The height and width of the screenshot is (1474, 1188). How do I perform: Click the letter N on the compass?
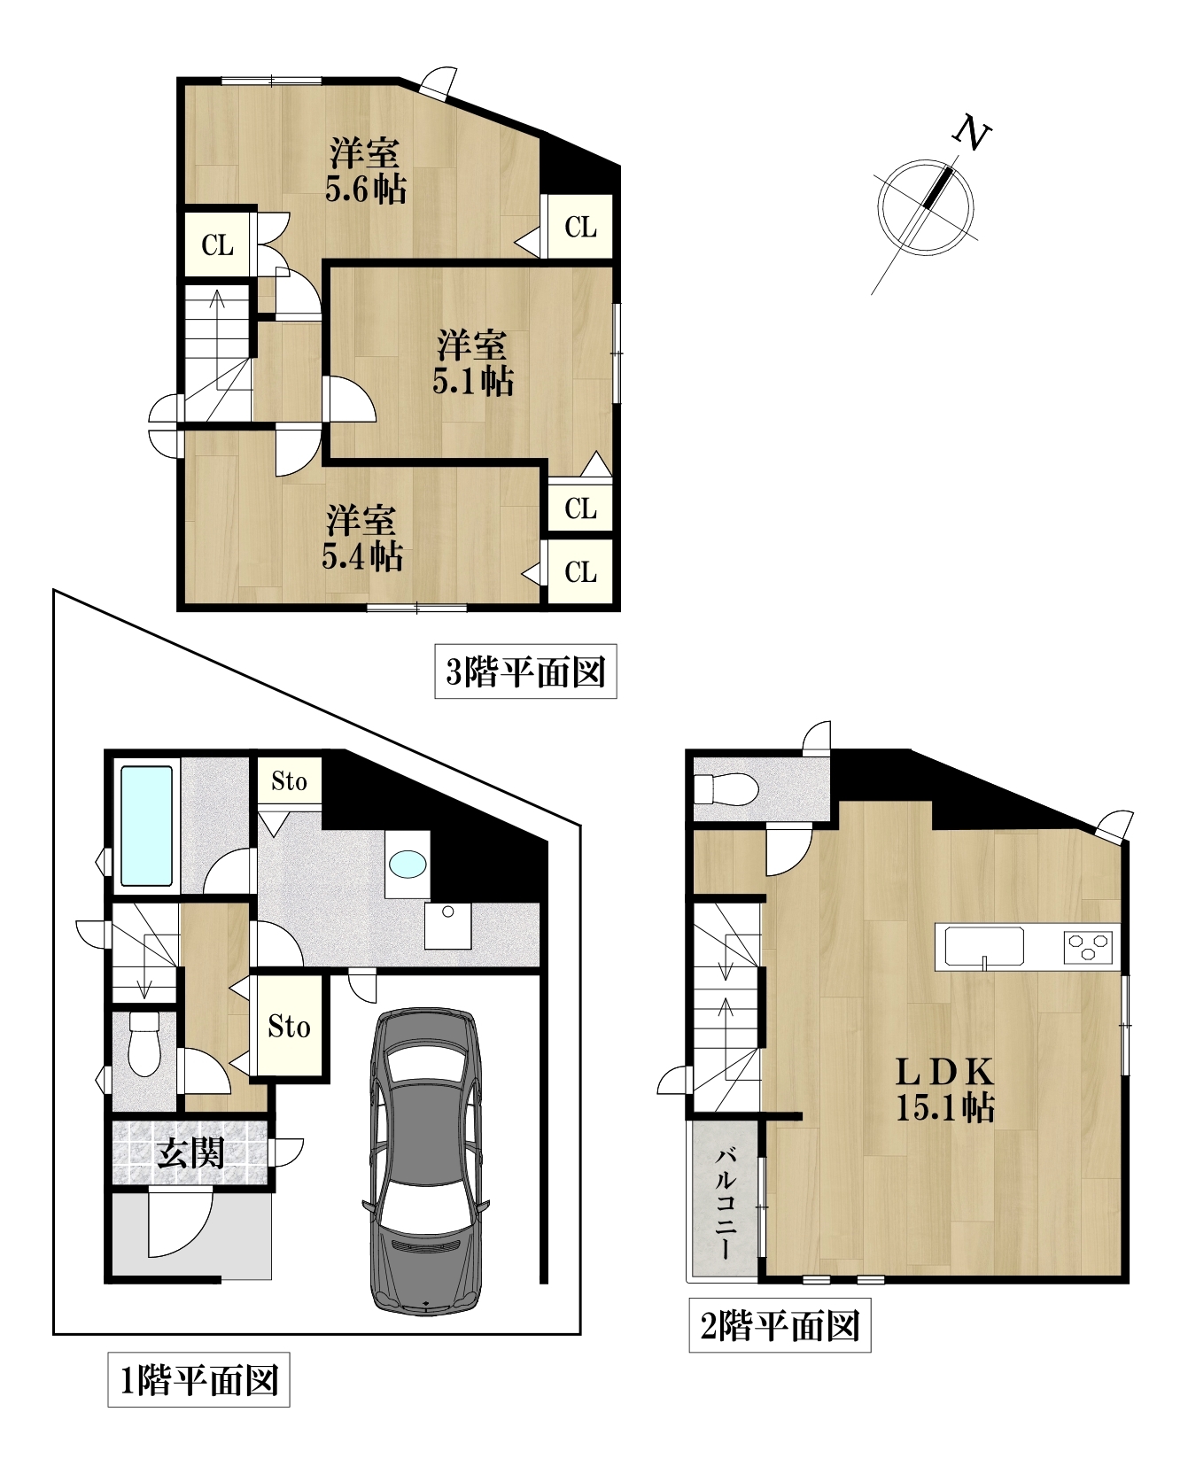point(971,133)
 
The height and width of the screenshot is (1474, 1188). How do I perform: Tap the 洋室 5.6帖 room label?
point(365,171)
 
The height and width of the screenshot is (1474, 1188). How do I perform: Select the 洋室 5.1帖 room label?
point(473,362)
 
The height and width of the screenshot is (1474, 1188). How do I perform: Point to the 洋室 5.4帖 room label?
point(362,538)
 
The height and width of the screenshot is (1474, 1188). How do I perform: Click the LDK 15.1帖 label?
point(945,1090)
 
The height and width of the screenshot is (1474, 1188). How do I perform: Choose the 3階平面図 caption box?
point(525,672)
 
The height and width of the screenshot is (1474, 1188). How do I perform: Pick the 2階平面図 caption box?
point(780,1326)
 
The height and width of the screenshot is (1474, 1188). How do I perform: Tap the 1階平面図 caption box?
point(198,1380)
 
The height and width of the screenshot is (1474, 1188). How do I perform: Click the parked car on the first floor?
point(426,1161)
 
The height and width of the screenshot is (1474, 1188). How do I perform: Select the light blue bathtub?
point(146,826)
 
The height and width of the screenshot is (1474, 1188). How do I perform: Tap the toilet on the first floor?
point(144,1043)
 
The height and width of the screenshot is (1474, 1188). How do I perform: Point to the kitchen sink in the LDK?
point(984,947)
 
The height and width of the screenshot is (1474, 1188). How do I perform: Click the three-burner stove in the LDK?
point(1088,947)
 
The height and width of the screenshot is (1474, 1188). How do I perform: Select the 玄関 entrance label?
point(190,1153)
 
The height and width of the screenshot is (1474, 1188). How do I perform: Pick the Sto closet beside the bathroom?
point(289,780)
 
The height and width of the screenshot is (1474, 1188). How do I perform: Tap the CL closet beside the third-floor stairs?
point(217,244)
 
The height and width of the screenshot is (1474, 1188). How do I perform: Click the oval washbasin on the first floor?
point(408,864)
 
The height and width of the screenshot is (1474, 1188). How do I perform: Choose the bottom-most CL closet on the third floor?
point(580,572)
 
